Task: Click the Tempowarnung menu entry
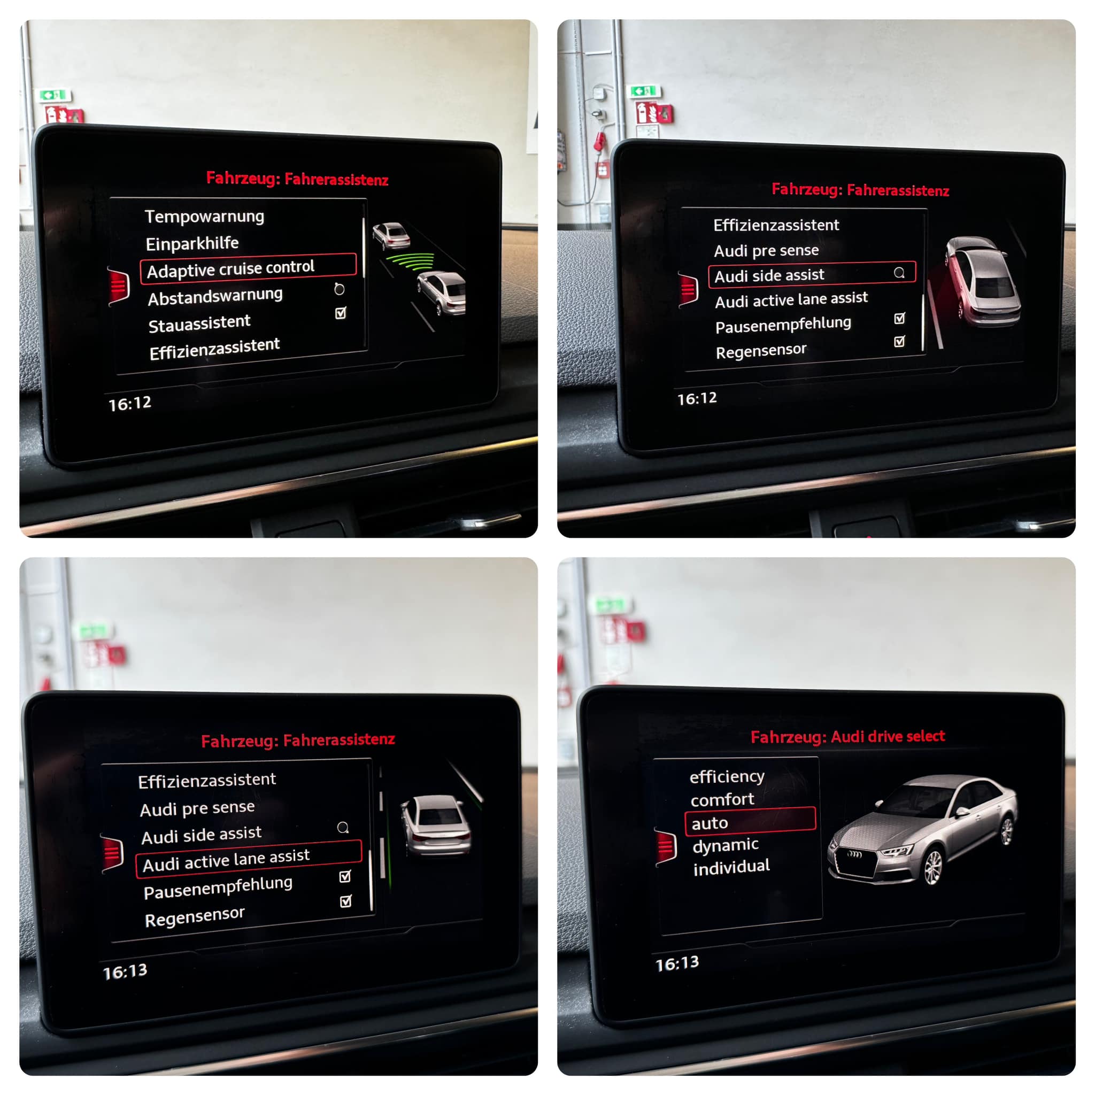[204, 217]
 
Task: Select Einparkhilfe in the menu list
[192, 244]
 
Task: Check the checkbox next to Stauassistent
[341, 313]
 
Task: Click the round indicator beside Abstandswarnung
[339, 289]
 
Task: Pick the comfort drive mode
[722, 800]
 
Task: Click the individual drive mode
[731, 867]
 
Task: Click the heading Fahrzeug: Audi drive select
[848, 736]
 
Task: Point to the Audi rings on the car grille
[854, 854]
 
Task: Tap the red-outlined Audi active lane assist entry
[248, 859]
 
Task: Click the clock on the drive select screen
[677, 963]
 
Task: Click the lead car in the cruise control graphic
[391, 236]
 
